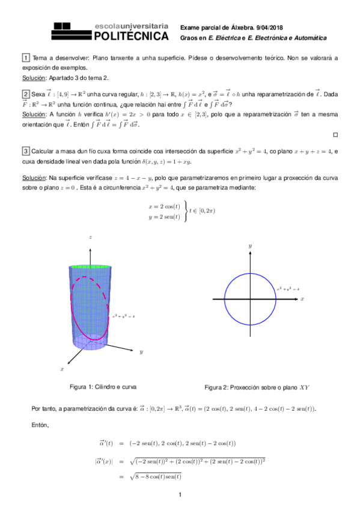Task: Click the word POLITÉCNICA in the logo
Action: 131,37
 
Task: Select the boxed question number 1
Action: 25,58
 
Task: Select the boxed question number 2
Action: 25,94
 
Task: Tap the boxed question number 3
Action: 25,150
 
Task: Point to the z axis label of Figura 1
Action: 90,238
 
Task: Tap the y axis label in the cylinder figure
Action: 141,351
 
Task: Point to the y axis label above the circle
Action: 249,246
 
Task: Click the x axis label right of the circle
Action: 302,298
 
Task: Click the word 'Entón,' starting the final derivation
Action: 40,425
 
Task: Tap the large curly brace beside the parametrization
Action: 185,210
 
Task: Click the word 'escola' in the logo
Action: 108,27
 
